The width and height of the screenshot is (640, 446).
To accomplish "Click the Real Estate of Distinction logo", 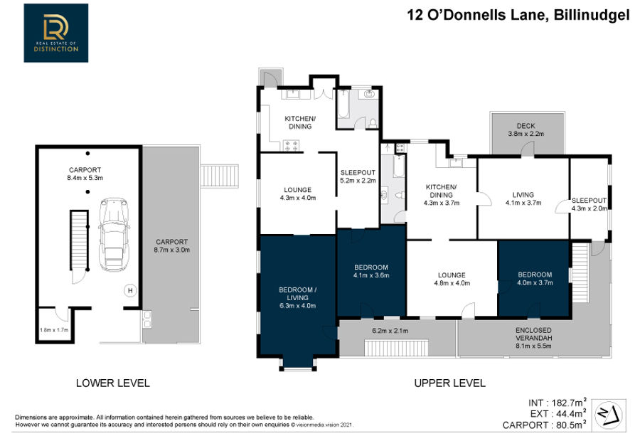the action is click(56, 33).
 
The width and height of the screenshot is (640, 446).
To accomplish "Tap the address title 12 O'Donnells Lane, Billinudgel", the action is click(518, 15).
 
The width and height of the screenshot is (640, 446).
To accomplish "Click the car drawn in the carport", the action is click(114, 235).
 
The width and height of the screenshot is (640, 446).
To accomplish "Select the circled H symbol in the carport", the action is click(130, 291).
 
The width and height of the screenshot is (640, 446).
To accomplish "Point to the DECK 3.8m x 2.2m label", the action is click(526, 130).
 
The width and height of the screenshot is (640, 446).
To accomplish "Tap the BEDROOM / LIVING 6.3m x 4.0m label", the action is click(297, 297).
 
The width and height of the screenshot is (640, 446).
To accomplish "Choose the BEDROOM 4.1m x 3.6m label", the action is click(371, 271).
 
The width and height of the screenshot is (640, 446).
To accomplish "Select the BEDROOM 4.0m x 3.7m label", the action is click(535, 279).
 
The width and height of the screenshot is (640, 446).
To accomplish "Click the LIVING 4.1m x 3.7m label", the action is click(523, 198).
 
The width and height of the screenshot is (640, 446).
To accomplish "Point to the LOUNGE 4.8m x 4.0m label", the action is click(452, 279).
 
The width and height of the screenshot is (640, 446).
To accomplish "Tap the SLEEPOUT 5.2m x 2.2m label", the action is click(358, 176).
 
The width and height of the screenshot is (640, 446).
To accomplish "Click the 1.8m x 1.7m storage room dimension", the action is click(54, 330).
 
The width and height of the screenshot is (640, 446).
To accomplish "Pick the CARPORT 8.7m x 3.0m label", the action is click(172, 246).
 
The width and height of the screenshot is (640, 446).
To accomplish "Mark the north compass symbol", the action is click(609, 415).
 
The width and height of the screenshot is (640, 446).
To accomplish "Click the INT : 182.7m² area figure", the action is click(558, 403).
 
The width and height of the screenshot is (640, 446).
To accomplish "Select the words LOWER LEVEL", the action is click(112, 383).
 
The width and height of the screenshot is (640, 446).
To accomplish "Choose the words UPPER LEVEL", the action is click(450, 383).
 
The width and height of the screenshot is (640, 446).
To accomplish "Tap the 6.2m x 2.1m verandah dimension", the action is click(390, 331).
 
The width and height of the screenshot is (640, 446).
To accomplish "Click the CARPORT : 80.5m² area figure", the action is click(545, 425).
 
